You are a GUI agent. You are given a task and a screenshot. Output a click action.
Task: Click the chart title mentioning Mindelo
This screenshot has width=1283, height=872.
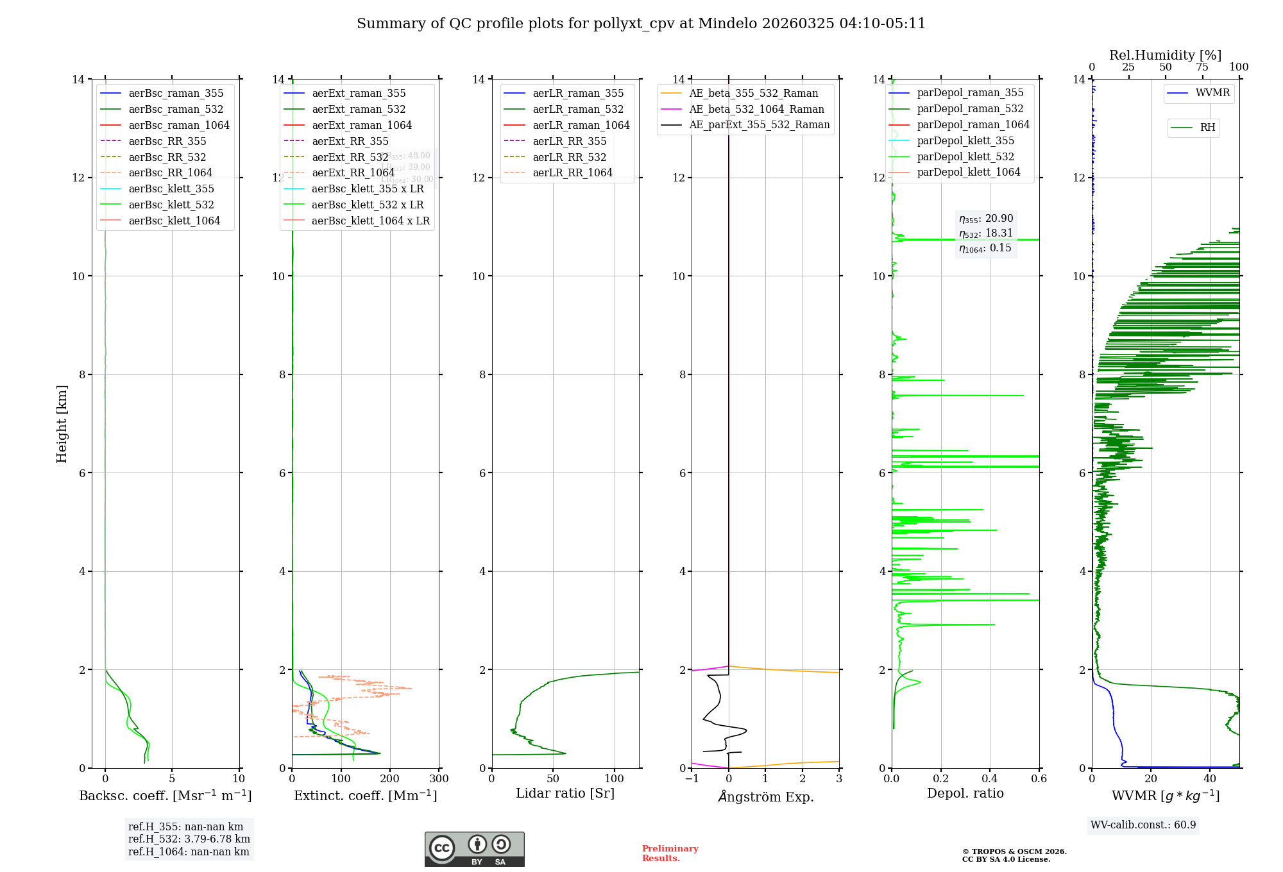click(641, 24)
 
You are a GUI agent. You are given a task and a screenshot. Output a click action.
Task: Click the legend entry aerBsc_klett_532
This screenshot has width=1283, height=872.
click(171, 205)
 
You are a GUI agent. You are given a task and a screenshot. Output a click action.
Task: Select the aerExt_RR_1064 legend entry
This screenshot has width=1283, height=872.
click(353, 172)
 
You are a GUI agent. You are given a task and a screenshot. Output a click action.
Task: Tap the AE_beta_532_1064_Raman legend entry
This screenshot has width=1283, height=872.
click(756, 109)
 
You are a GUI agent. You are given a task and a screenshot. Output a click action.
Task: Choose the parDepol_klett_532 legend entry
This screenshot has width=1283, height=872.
click(965, 156)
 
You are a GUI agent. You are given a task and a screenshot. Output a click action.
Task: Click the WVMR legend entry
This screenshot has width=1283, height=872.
click(1212, 93)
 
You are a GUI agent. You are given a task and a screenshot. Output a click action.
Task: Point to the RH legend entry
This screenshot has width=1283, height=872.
click(1207, 128)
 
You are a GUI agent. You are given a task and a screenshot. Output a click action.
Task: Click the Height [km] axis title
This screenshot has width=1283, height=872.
click(62, 423)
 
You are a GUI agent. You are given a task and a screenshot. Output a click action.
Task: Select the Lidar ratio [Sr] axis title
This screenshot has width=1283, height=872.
click(565, 793)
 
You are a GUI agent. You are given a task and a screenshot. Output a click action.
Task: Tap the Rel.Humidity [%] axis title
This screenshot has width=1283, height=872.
click(1165, 55)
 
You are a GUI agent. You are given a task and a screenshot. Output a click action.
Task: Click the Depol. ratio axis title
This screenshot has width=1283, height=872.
click(965, 793)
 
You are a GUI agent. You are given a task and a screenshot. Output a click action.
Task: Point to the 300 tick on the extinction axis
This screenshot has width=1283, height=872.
click(439, 779)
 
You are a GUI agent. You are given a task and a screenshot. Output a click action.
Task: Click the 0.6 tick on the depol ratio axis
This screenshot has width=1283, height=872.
click(1039, 779)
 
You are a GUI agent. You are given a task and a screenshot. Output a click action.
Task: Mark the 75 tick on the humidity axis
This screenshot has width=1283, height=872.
click(1202, 67)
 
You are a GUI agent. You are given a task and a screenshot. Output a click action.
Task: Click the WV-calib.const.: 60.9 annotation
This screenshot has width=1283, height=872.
click(1143, 825)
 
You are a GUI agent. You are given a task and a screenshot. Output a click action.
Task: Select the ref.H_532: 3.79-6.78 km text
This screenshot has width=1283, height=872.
click(189, 839)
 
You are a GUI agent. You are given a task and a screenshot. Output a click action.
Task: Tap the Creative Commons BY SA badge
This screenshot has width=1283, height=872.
click(474, 849)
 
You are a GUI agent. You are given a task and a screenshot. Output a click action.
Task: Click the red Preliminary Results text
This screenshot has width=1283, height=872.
click(670, 853)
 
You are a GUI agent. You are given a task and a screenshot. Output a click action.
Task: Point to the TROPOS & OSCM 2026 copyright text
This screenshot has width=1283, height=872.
click(1014, 852)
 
